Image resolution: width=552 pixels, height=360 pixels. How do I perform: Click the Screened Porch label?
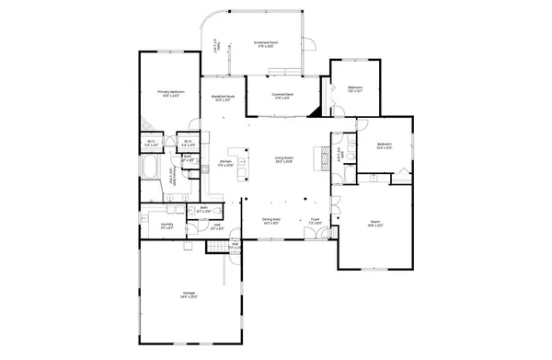266,43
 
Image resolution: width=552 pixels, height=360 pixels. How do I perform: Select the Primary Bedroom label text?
171,93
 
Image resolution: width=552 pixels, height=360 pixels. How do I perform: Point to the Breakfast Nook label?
221,98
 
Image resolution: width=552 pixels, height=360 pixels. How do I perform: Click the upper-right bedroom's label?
355,89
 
